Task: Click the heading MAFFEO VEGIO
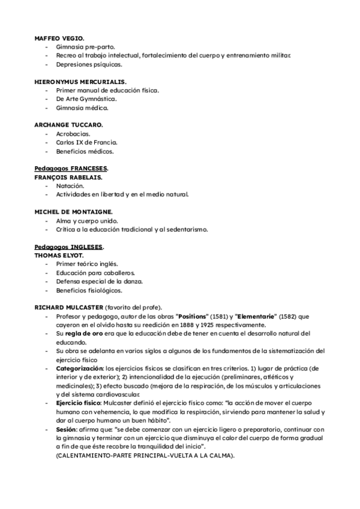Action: [x=59, y=37]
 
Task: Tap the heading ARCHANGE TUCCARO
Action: [x=68, y=124]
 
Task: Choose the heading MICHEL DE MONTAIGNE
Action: [x=73, y=212]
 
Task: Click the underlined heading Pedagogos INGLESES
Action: [x=68, y=247]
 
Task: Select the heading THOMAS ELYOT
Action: [x=59, y=256]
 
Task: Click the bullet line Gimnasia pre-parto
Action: [x=85, y=46]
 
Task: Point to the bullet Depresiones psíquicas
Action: [x=88, y=64]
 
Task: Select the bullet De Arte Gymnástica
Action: [x=86, y=98]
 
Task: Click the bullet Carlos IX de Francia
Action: [x=86, y=142]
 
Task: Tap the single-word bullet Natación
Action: [x=70, y=185]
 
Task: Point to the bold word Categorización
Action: [x=79, y=368]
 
